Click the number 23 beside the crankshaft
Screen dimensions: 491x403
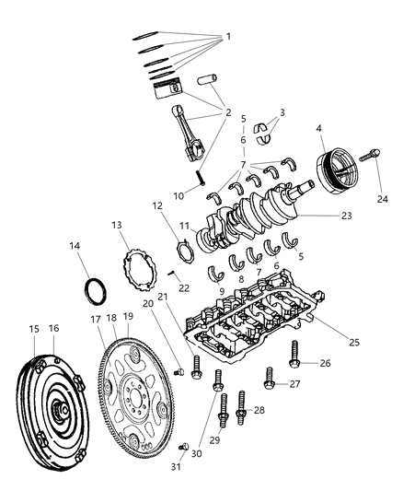(x=320, y=216)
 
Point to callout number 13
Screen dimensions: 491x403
(x=117, y=226)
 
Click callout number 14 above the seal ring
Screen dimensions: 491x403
(x=75, y=246)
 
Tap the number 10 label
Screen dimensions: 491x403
(x=178, y=194)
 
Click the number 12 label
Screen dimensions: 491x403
(x=157, y=205)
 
